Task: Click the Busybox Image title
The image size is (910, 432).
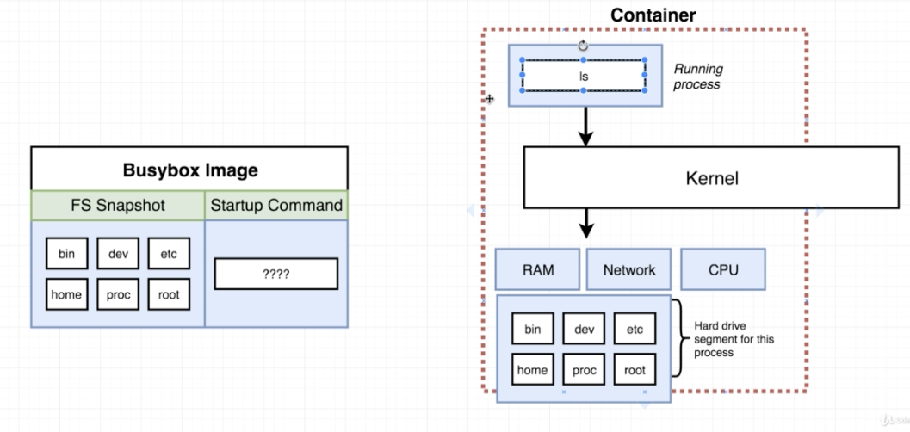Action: [x=189, y=170]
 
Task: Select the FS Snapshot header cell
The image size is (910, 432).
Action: [x=117, y=205]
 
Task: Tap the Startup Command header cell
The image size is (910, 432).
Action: [x=276, y=205]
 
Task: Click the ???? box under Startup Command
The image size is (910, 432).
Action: [x=275, y=275]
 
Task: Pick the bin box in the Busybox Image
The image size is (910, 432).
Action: [x=67, y=253]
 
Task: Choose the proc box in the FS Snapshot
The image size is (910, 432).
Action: [x=118, y=294]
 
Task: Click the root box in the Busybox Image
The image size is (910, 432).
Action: [x=169, y=294]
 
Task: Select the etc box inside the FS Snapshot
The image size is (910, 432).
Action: [x=169, y=253]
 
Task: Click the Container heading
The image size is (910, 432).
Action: [x=653, y=15]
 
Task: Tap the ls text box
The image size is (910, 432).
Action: [x=584, y=76]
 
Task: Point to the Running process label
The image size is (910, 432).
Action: [x=697, y=77]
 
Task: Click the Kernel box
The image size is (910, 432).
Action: [x=712, y=179]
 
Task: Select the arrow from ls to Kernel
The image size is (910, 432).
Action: [x=586, y=126]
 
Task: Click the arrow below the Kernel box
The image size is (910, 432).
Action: [x=586, y=223]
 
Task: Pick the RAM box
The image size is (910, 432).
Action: [x=538, y=269]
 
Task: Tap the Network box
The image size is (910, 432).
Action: [x=628, y=269]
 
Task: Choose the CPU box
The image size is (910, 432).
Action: [x=723, y=269]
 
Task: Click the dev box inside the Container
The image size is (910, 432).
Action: [x=584, y=329]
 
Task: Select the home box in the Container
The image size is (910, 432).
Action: [x=532, y=370]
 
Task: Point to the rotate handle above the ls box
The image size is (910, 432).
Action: [x=584, y=46]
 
